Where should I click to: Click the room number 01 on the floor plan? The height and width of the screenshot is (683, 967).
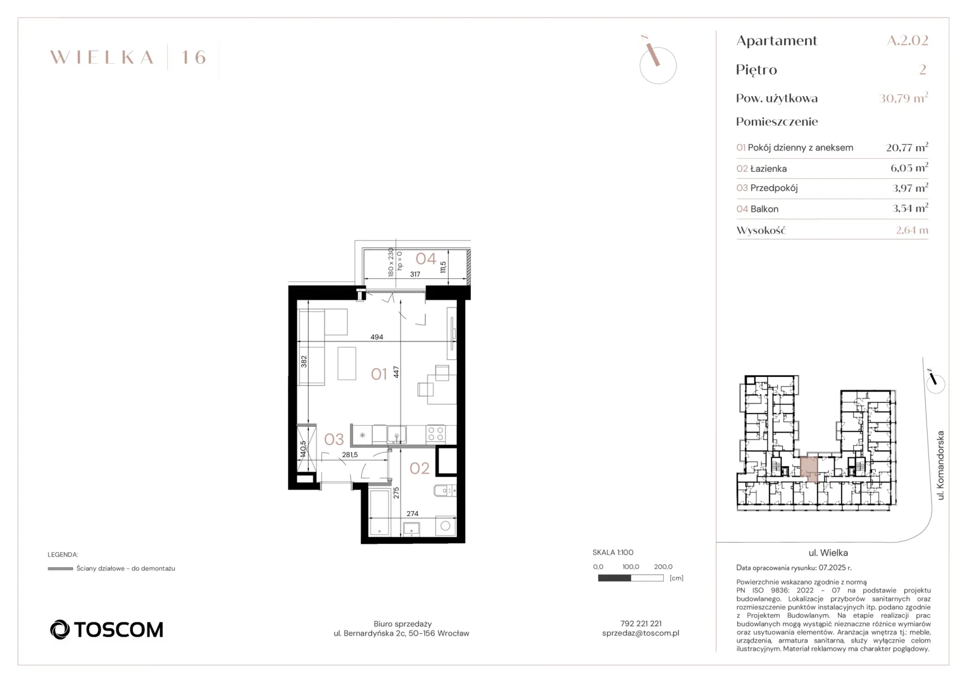[x=378, y=374]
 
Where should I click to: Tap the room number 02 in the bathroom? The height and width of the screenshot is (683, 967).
[x=419, y=468]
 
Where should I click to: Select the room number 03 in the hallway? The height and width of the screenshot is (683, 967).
[x=334, y=440]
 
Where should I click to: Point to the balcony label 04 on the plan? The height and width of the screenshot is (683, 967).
[x=426, y=259]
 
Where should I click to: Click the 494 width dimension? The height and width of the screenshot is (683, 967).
[x=377, y=337]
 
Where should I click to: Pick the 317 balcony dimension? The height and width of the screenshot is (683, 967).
[x=415, y=274]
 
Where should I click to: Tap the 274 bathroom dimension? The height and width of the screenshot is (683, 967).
[x=412, y=514]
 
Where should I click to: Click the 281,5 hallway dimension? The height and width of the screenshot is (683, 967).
[x=350, y=454]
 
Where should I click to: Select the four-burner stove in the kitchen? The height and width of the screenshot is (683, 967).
[x=435, y=434]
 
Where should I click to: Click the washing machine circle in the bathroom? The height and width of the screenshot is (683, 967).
[x=446, y=526]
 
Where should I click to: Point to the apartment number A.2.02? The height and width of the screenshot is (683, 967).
[x=908, y=40]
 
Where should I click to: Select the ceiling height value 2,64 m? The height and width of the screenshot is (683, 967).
[x=912, y=230]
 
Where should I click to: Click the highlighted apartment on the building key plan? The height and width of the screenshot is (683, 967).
[x=809, y=469]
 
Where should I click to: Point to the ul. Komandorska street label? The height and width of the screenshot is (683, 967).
[x=940, y=465]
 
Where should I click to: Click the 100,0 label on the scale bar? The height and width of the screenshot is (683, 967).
[x=630, y=567]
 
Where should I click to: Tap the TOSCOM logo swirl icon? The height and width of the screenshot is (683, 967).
[x=59, y=629]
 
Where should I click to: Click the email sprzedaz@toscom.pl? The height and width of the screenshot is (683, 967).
[x=640, y=633]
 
